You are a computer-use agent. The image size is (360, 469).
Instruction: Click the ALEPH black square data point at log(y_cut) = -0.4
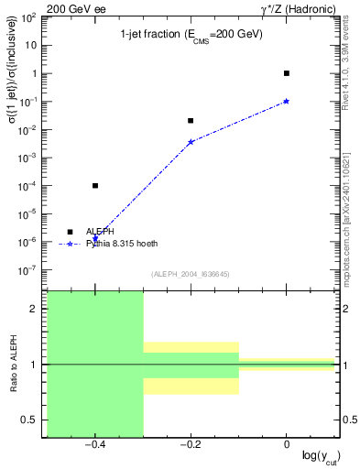point(95,186)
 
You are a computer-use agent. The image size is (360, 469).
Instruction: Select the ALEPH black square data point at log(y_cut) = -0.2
point(191,120)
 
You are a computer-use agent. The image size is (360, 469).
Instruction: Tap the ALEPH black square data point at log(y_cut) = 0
point(287,73)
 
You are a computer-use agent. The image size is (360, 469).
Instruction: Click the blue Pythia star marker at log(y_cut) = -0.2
point(191,142)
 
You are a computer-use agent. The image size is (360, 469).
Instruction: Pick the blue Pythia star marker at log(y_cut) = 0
point(287,101)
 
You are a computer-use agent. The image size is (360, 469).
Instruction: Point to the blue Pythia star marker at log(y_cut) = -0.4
point(95,238)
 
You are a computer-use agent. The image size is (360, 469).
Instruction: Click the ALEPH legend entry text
point(100,232)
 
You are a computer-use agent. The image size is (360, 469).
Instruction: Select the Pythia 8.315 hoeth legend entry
point(123,245)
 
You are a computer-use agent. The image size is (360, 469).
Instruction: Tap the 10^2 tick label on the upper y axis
point(27,17)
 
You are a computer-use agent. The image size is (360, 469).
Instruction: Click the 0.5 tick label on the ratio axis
point(29,420)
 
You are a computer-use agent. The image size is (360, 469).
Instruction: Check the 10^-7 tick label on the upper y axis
point(27,270)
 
